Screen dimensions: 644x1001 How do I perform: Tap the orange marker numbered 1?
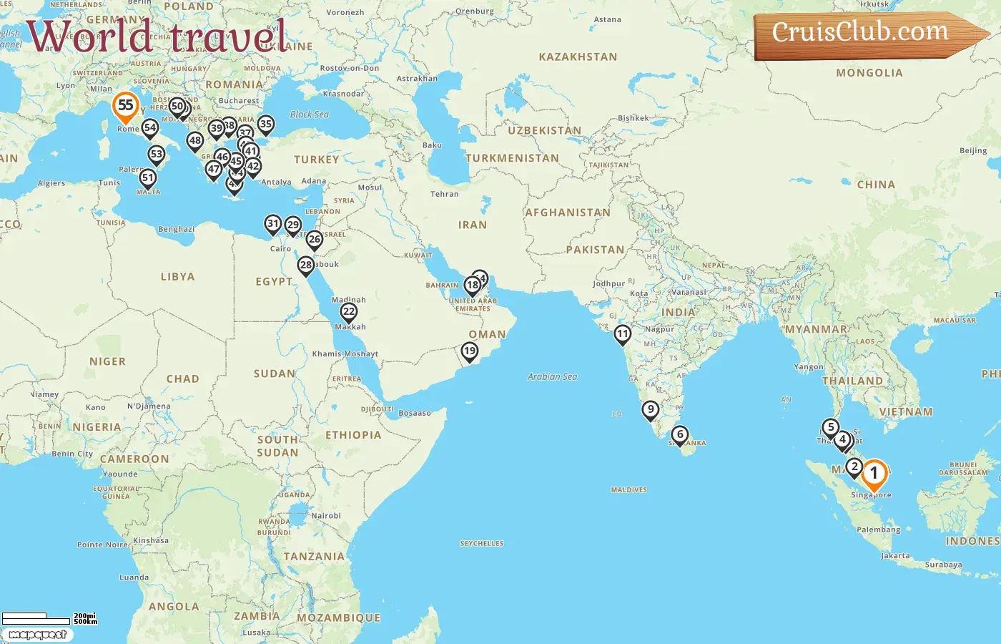873,474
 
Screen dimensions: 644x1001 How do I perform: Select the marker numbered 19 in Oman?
469,351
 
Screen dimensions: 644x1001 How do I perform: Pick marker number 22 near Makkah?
349,312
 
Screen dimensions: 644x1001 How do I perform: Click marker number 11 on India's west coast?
623,334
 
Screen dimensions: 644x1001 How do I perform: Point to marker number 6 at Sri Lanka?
680,435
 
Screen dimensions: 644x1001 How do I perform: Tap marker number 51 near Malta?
148,178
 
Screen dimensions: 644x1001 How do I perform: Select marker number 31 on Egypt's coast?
272,224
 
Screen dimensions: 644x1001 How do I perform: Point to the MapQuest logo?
37,635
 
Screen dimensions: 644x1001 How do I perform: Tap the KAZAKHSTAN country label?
578,57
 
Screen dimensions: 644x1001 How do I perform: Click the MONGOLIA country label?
869,73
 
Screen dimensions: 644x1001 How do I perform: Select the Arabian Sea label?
552,376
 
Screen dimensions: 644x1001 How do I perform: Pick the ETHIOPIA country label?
353,435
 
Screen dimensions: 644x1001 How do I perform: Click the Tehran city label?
444,194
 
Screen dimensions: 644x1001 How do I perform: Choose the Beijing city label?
972,151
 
